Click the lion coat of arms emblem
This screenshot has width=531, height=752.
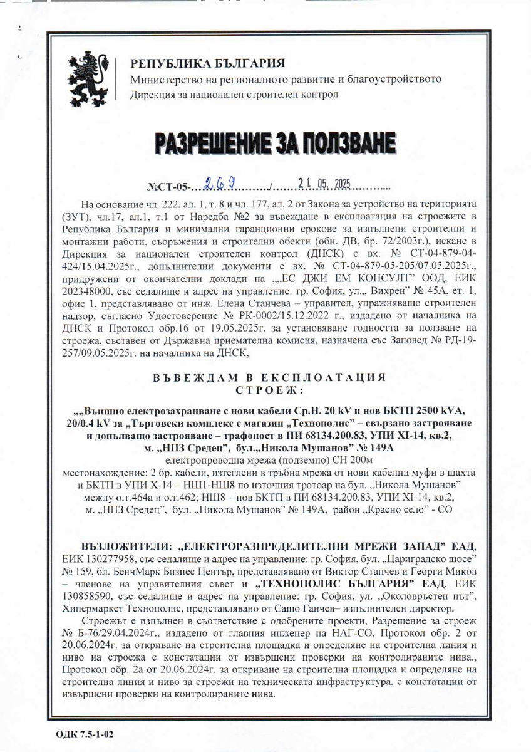tap(90, 78)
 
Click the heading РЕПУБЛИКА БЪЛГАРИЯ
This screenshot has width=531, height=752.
tap(207, 64)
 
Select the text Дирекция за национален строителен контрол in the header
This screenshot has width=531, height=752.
tap(234, 95)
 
